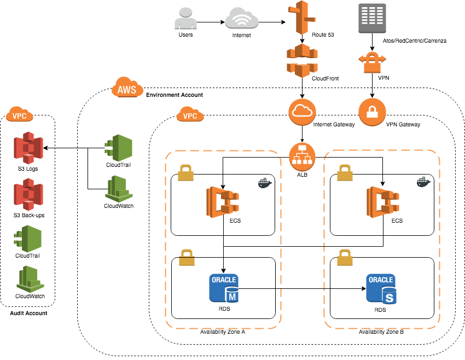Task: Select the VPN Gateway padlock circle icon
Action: pos(372,112)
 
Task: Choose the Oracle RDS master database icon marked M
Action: pos(224,288)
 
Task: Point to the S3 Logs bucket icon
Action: pos(28,148)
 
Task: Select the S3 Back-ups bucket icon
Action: pos(28,195)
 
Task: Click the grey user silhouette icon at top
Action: pos(185,18)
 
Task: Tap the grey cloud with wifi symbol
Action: pos(241,18)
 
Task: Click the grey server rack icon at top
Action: pos(372,18)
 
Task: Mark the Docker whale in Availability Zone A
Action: pos(265,183)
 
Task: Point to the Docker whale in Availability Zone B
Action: pos(423,182)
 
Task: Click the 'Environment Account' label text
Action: pos(174,95)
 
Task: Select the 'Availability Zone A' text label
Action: pos(223,332)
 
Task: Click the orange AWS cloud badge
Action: pos(127,88)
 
